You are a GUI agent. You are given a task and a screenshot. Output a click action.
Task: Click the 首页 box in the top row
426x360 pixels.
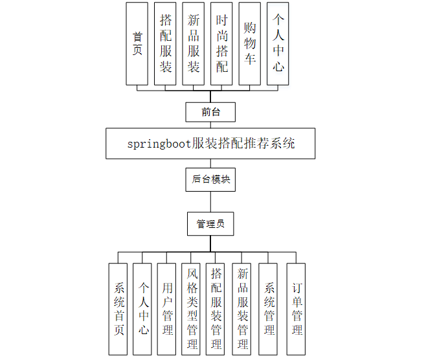coord(137,44)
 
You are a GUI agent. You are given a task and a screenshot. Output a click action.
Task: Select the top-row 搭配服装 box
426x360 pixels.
coord(165,44)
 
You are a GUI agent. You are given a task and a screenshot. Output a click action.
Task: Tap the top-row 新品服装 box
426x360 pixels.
coord(194,44)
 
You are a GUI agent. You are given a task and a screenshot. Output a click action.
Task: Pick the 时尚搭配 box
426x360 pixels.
coord(221,44)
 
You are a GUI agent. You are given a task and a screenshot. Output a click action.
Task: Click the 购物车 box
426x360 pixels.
coord(250,44)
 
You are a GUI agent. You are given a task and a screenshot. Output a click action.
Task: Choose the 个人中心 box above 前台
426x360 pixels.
coord(278,44)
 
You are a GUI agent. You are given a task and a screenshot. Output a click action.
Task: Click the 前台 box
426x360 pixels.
coord(210,112)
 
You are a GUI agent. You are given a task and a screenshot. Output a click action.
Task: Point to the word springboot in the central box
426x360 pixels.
coord(159,144)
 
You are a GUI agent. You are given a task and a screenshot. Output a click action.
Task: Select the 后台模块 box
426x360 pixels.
coord(211,179)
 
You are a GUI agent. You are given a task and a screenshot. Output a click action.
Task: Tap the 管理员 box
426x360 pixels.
coord(210,224)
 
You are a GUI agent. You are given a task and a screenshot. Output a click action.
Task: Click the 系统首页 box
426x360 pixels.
coord(119,309)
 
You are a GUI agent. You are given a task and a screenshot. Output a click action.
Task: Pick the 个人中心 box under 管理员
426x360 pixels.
coord(143,309)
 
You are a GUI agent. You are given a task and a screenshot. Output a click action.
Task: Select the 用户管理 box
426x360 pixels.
coord(167,309)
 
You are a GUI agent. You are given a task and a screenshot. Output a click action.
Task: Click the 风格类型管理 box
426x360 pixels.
coord(192,309)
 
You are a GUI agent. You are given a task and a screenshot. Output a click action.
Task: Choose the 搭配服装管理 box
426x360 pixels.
coord(216,309)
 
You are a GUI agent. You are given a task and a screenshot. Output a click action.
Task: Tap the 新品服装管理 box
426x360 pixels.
coord(242,309)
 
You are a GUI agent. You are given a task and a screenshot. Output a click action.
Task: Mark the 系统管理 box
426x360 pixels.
coord(269,309)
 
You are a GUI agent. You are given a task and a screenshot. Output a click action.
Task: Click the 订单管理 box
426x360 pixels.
coord(296,309)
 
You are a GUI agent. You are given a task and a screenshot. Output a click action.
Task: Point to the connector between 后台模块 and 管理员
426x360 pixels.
coord(210,201)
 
